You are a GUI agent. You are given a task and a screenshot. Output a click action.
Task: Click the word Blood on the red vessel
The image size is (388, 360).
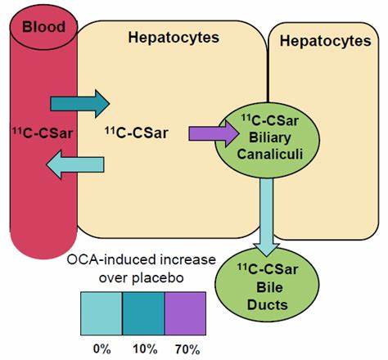pyautogui.click(x=43, y=27)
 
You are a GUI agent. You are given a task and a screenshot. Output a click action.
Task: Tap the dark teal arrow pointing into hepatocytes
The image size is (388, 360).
pyautogui.click(x=79, y=104)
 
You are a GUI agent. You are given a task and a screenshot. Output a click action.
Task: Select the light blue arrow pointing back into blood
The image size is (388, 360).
pyautogui.click(x=75, y=164)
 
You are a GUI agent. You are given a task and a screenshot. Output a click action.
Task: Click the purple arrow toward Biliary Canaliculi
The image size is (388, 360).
pyautogui.click(x=214, y=134)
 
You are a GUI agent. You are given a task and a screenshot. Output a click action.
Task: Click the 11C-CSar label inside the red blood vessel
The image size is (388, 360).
pyautogui.click(x=43, y=133)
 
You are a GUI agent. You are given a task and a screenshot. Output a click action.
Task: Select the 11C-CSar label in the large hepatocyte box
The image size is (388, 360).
pyautogui.click(x=137, y=133)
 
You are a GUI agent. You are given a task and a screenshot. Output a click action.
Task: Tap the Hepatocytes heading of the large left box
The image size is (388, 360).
pyautogui.click(x=174, y=38)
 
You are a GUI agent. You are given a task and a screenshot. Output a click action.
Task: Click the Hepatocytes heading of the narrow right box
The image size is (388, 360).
pyautogui.click(x=325, y=41)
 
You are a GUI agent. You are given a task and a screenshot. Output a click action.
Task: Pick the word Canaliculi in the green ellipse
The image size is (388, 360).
pyautogui.click(x=270, y=154)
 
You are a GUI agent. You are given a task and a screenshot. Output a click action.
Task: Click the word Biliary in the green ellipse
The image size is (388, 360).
pyautogui.click(x=269, y=137)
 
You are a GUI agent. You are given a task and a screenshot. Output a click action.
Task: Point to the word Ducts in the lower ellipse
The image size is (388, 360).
pyautogui.click(x=268, y=304)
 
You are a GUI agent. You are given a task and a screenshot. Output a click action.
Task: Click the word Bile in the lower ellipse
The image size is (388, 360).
pyautogui.click(x=269, y=287)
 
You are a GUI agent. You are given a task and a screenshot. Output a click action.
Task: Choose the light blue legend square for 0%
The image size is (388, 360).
pyautogui.click(x=102, y=313)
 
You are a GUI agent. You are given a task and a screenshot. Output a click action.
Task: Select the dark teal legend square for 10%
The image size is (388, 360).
pyautogui.click(x=143, y=313)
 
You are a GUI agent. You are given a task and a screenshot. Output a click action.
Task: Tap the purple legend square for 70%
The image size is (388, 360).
pyautogui.click(x=185, y=313)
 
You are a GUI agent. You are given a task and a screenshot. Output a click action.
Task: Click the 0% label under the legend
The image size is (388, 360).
pyautogui.click(x=102, y=349)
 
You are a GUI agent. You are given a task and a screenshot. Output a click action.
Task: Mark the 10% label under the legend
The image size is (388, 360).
pyautogui.click(x=145, y=349)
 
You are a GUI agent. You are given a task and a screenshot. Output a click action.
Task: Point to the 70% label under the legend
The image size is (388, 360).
pyautogui.click(x=187, y=349)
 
